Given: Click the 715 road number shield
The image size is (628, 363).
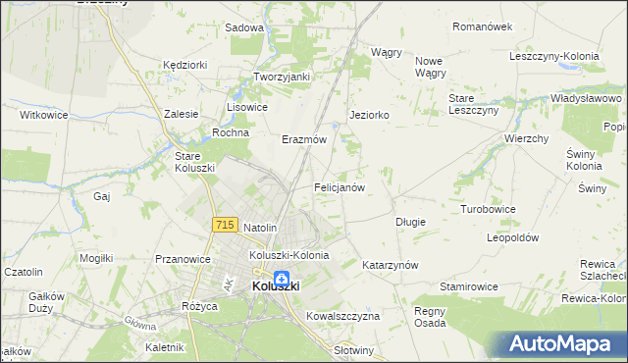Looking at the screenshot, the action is point(225,226).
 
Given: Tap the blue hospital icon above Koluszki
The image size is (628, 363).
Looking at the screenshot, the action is point(282,279).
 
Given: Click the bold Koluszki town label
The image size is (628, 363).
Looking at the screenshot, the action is point(276,286).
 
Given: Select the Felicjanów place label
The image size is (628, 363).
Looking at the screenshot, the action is point(340,186).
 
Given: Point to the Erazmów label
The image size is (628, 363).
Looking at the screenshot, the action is point(303,139).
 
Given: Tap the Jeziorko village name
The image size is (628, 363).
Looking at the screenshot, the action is point(370,115).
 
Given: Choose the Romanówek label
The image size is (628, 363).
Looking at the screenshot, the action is point(483,26).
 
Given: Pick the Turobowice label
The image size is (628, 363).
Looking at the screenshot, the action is point(489,210).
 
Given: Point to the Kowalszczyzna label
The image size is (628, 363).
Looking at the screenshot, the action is point(342,317).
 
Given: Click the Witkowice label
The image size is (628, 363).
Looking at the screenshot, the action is point(44,115).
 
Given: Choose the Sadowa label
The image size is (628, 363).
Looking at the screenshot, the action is point(244,28).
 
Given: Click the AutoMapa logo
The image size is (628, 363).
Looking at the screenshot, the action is point(563,343).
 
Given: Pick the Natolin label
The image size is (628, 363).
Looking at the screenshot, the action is point(261,228).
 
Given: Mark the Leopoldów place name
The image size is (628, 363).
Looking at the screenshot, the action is point(513,238).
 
